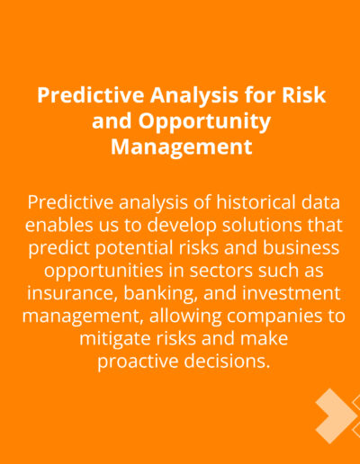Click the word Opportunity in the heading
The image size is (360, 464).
pos(204,122)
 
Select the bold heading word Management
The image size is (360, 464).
pos(182,147)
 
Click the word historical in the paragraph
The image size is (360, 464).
pos(256,202)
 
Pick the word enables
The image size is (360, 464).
pos(58,225)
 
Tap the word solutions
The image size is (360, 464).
pos(262,225)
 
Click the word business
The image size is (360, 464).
pos(301,247)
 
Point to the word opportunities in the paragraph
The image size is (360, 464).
pos(103,272)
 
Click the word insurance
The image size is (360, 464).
pos(72,294)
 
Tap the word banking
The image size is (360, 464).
pos(161,294)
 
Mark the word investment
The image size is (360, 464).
pos(292,293)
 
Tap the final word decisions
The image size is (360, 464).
pos(227,361)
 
